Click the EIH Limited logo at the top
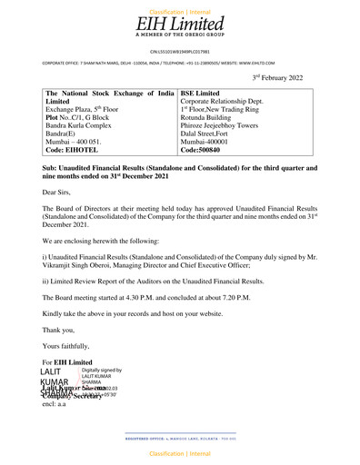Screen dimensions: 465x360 click(179, 25)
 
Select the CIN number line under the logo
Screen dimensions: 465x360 click(179, 52)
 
